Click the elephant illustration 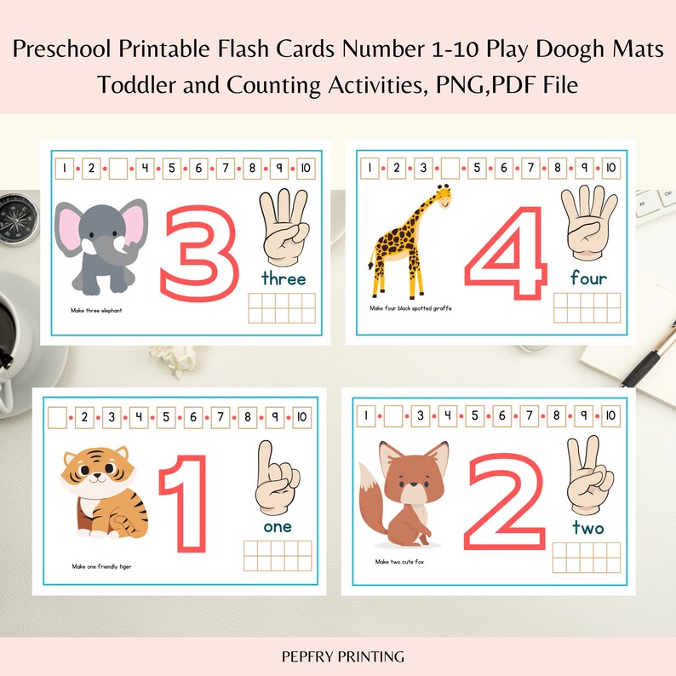99,247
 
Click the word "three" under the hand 284,278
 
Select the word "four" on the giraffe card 588,278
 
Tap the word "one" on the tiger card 277,526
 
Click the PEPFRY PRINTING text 338,656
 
